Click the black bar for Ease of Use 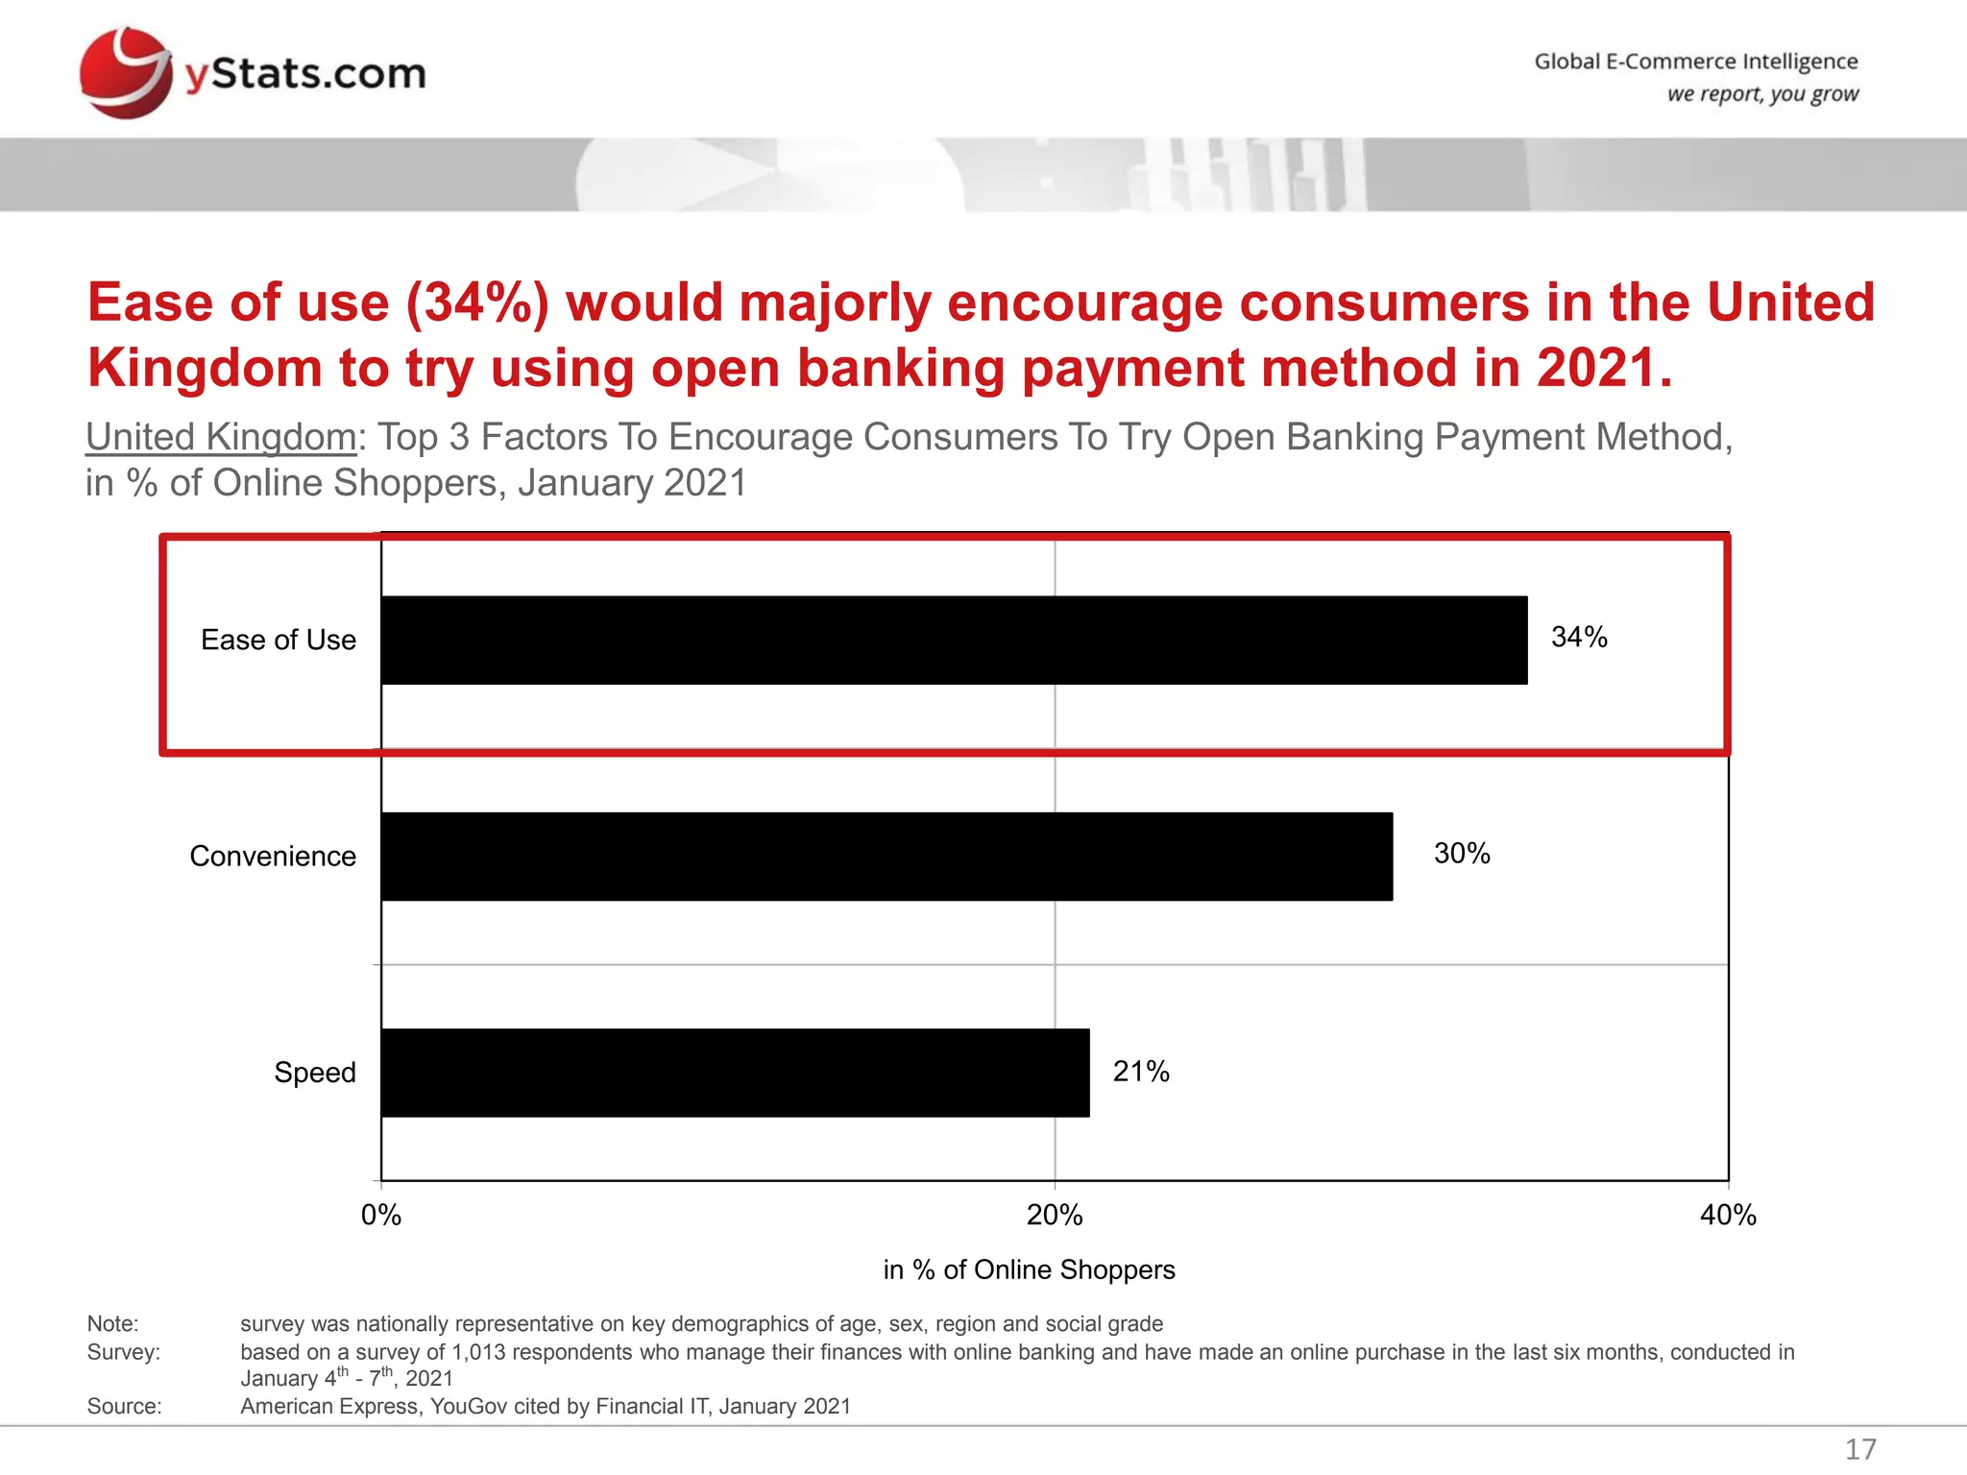coord(954,640)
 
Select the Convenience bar coord(886,856)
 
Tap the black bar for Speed coord(735,1072)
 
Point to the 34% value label coord(1579,637)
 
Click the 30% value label coord(1461,853)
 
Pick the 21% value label coord(1141,1071)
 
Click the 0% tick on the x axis coord(381,1215)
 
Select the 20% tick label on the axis coord(1055,1215)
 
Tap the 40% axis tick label coord(1728,1215)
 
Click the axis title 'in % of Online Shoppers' coord(1029,1269)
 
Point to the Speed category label coord(315,1072)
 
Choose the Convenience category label coord(273,856)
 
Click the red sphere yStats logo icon coord(125,73)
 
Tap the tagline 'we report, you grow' coord(1762,94)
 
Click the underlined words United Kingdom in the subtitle coord(221,437)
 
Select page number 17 coord(1860,1448)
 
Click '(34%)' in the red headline coord(477,302)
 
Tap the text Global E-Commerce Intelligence coord(1695,61)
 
